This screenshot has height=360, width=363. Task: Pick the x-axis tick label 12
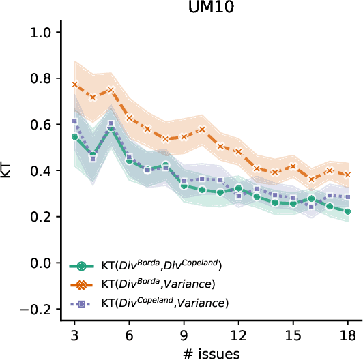point(238,336)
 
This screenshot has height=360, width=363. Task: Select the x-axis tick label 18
point(347,336)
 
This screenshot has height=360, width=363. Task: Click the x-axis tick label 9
point(184,336)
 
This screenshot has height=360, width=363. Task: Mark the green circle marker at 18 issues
point(347,212)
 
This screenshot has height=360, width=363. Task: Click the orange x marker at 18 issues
point(347,175)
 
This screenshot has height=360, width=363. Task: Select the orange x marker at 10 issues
point(202,129)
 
